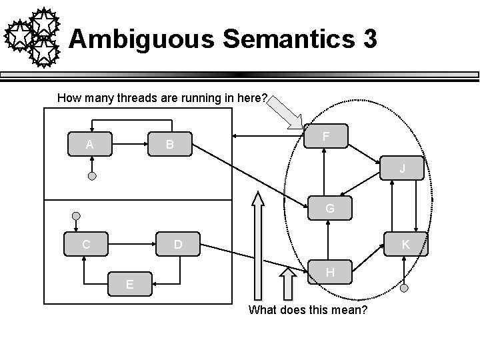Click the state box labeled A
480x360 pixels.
point(90,143)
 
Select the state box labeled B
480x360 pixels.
point(171,143)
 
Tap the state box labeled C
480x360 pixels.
point(85,244)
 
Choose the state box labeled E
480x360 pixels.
point(131,284)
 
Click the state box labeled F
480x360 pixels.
point(325,136)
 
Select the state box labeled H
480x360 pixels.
point(330,272)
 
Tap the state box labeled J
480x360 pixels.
point(402,169)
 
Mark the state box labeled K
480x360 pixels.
point(405,245)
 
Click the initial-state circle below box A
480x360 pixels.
point(93,177)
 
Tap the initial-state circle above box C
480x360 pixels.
point(77,217)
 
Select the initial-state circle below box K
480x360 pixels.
point(404,289)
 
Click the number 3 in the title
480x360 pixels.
point(370,39)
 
